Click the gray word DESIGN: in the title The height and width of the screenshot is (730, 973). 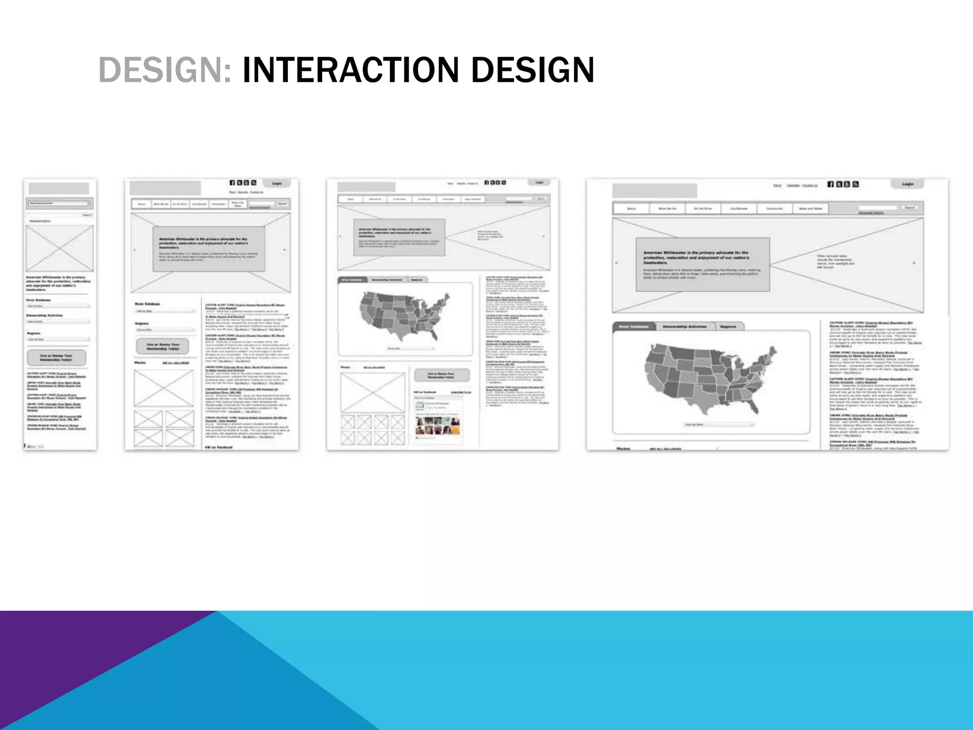pyautogui.click(x=164, y=70)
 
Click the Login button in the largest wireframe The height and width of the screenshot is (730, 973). pyautogui.click(x=907, y=184)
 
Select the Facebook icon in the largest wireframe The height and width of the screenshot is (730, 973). pyautogui.click(x=830, y=184)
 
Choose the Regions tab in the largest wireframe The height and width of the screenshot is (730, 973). pyautogui.click(x=728, y=327)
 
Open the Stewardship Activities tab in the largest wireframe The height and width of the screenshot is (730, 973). pyautogui.click(x=684, y=327)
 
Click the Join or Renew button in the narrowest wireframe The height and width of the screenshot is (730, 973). pyautogui.click(x=57, y=357)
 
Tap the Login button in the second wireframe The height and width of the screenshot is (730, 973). pyautogui.click(x=277, y=183)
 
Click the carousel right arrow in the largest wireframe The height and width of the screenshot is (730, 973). pyautogui.click(x=914, y=263)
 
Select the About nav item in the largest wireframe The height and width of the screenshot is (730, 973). pyautogui.click(x=631, y=208)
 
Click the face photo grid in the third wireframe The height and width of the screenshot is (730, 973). pyautogui.click(x=438, y=425)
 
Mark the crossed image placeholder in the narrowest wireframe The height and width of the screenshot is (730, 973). pyautogui.click(x=59, y=248)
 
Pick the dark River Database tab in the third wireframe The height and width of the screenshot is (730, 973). pyautogui.click(x=353, y=280)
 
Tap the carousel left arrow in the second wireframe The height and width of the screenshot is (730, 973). pyautogui.click(x=134, y=250)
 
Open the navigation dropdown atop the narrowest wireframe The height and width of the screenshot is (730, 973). pyautogui.click(x=59, y=203)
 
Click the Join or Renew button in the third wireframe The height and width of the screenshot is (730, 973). pyautogui.click(x=441, y=375)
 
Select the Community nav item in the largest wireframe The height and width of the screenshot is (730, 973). pyautogui.click(x=774, y=208)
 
